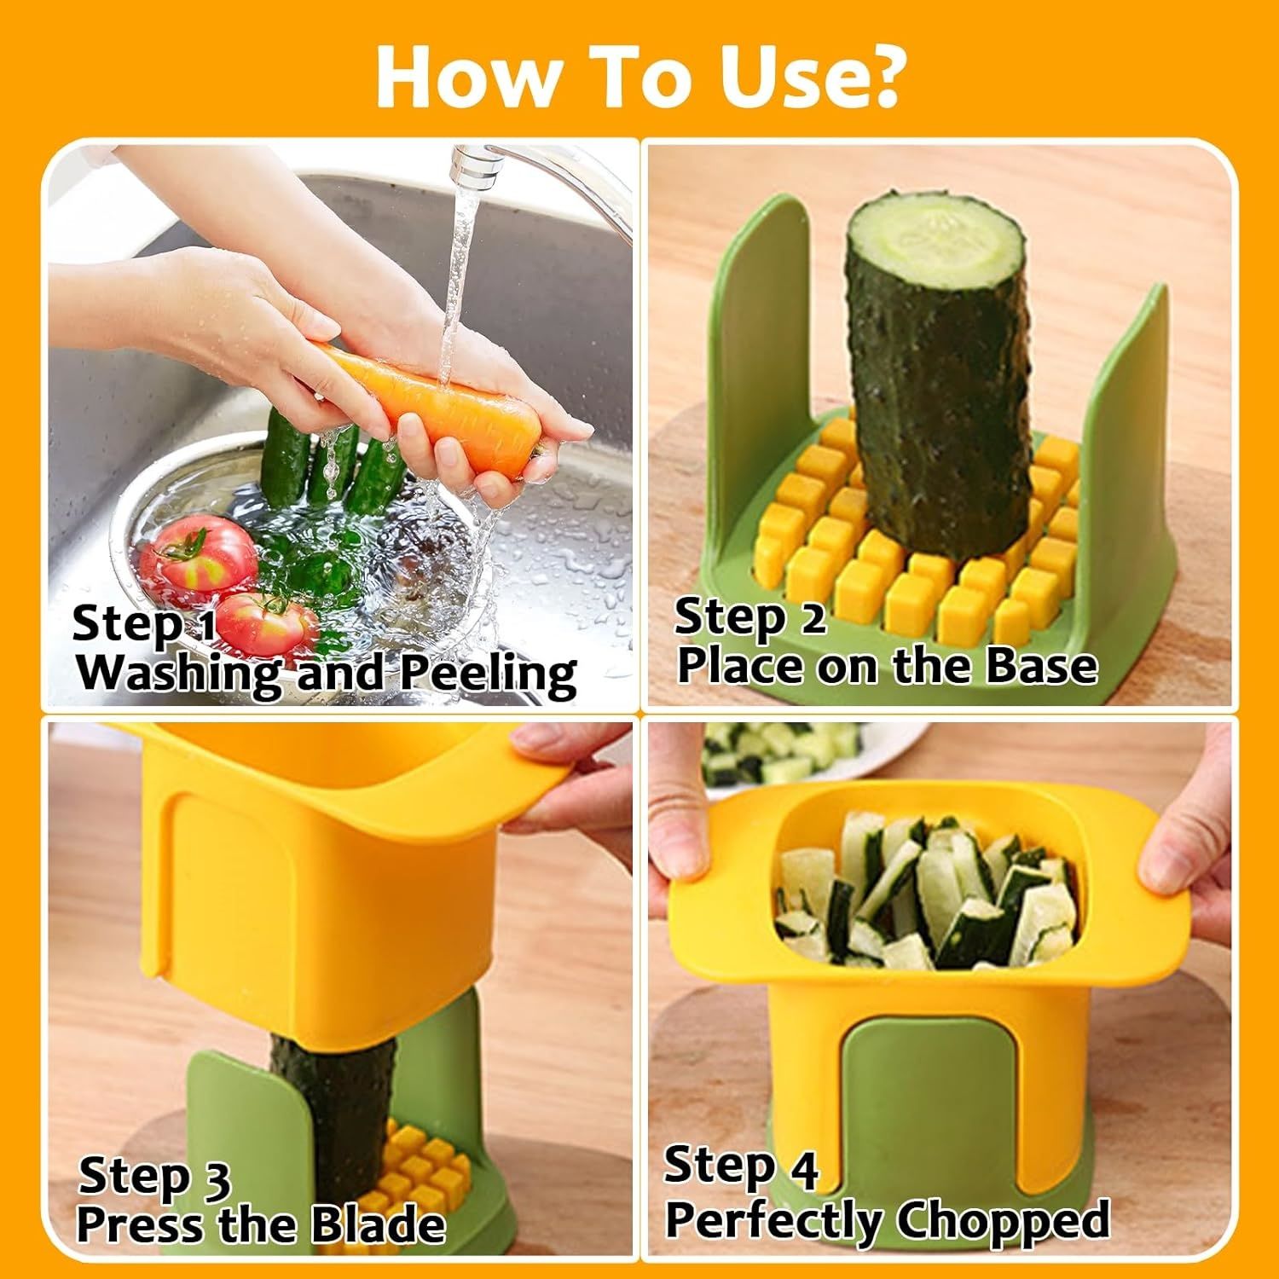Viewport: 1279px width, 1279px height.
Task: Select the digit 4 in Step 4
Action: pyautogui.click(x=802, y=1168)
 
